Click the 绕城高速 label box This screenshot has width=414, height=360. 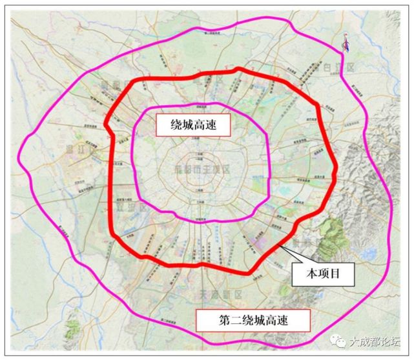(x=192, y=125)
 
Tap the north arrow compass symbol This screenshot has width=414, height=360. (x=346, y=43)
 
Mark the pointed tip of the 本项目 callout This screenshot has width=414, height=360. (x=280, y=246)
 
